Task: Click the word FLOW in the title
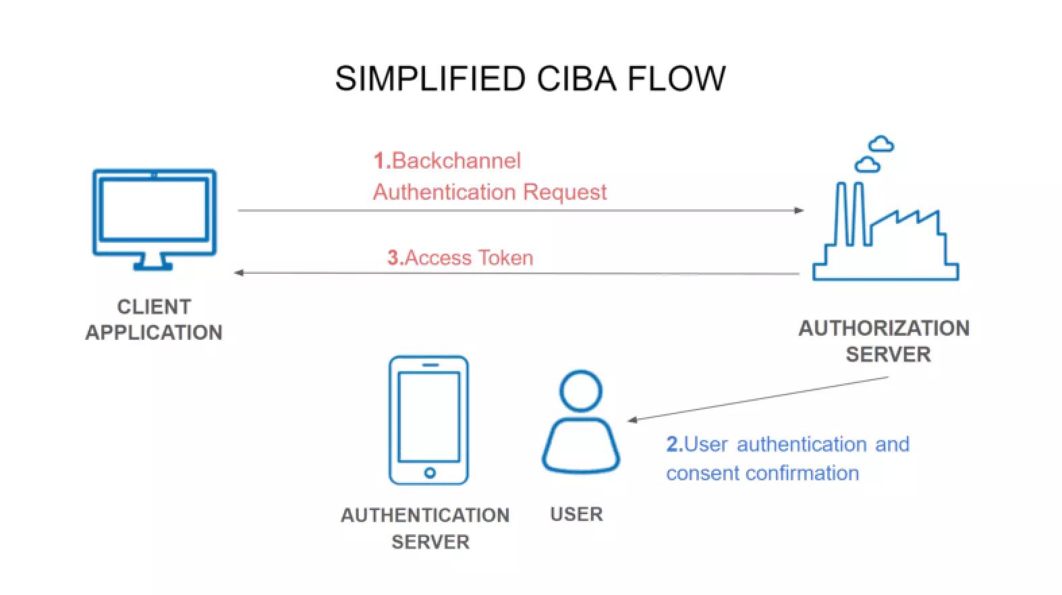[677, 79]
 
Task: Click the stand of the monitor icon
[153, 262]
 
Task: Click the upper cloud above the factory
[881, 144]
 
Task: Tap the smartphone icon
[428, 420]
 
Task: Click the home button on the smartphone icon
[429, 472]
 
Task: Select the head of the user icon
[580, 391]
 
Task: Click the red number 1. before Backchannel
[382, 161]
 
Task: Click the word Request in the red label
[565, 192]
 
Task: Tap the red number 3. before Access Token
[395, 258]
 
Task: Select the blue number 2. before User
[674, 445]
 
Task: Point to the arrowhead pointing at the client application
[239, 273]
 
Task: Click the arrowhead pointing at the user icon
[632, 420]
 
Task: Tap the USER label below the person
[576, 514]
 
